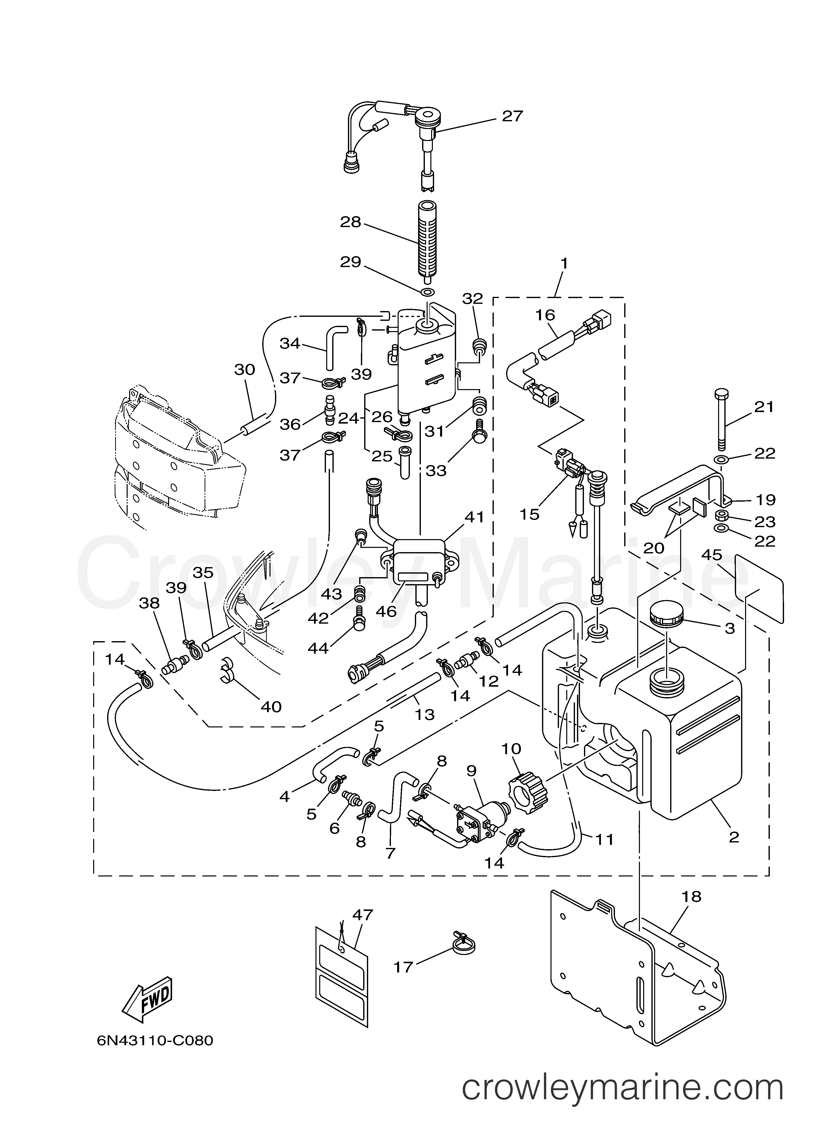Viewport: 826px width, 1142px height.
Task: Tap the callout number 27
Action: coord(513,116)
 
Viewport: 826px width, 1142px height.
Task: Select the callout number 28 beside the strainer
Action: coord(351,222)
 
